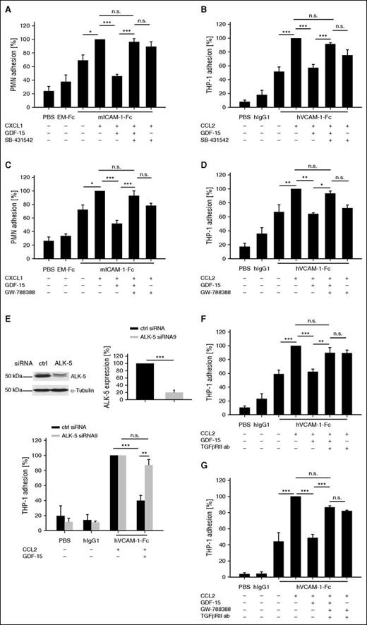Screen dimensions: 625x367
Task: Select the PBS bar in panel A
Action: pyautogui.click(x=49, y=102)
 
